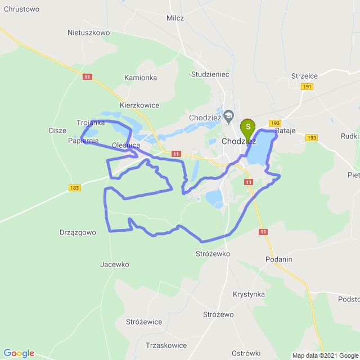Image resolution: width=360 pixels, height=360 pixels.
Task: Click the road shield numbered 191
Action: (307, 86)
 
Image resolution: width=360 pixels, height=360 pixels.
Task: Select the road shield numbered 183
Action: (75, 188)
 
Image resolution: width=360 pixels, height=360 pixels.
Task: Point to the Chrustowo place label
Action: (20, 9)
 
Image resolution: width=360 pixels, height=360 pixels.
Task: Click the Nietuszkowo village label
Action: (88, 33)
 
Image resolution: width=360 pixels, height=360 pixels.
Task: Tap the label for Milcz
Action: (175, 18)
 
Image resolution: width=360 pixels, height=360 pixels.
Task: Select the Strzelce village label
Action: (305, 76)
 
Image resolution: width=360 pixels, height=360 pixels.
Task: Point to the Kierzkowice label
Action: (139, 105)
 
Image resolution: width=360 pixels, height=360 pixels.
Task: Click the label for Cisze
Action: (57, 130)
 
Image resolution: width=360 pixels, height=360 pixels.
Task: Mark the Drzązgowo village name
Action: (78, 232)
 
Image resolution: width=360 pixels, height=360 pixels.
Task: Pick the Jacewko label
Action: (115, 264)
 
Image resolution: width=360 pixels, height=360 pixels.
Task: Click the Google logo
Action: (19, 353)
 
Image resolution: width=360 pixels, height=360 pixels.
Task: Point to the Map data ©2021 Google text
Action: (325, 355)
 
